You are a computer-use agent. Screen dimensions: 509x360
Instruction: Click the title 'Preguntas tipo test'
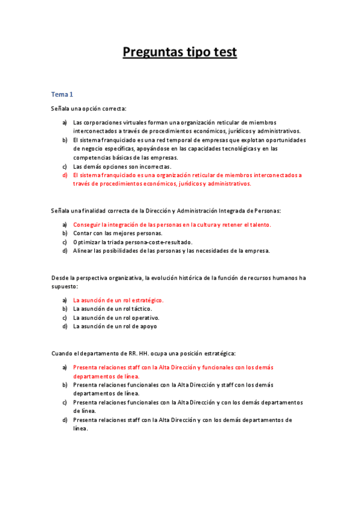[x=180, y=53]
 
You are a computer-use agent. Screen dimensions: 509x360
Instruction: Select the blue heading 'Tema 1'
[x=62, y=94]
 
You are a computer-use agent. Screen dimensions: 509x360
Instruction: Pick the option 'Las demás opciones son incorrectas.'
[x=122, y=166]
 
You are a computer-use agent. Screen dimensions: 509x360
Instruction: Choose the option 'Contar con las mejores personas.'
[x=118, y=233]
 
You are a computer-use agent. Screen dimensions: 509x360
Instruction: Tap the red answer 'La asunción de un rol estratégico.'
[x=118, y=300]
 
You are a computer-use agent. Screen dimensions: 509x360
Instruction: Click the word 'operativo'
[x=145, y=318]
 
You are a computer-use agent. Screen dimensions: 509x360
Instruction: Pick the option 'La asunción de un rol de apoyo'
[x=115, y=327]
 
